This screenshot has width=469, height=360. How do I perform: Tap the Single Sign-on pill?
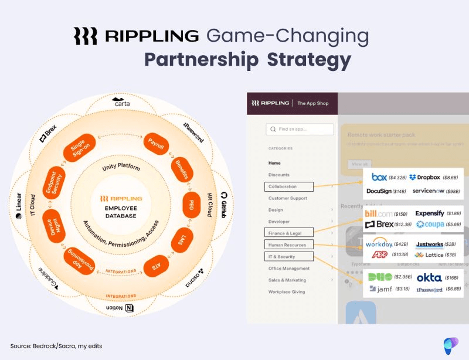pos(79,149)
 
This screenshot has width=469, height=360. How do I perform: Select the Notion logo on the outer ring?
pos(120,308)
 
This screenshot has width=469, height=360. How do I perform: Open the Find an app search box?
pos(300,129)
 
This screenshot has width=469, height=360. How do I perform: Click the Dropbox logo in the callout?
pos(425,177)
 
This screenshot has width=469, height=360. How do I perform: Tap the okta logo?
pos(429,277)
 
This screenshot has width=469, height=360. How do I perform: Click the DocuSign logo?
pos(379,191)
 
